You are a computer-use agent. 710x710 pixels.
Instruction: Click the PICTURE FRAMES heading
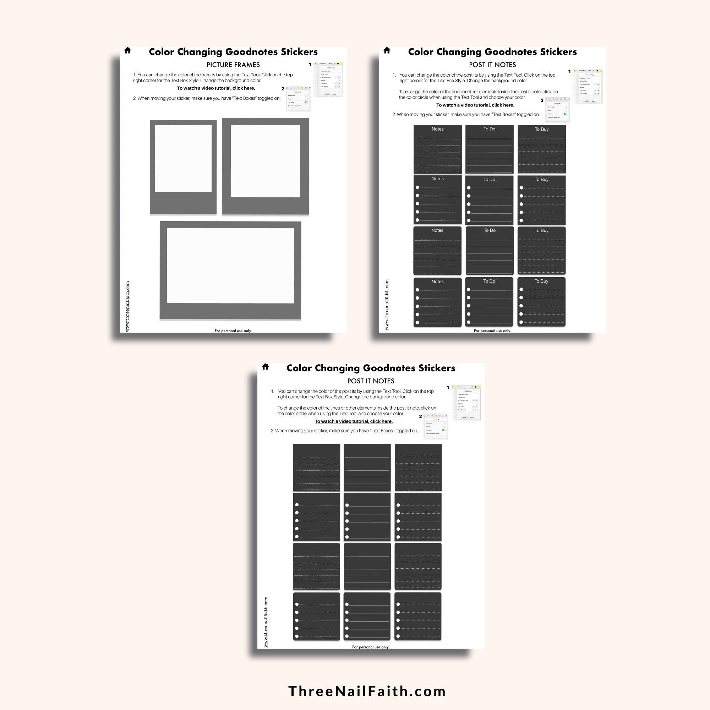233,65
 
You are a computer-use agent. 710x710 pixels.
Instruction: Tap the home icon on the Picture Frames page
127,50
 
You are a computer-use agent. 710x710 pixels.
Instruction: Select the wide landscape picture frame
230,271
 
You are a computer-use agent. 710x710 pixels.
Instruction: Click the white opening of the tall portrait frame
183,158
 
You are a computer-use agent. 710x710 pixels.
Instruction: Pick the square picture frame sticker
265,166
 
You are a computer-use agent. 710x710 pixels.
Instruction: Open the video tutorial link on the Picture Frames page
216,88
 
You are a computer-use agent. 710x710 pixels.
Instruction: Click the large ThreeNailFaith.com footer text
367,691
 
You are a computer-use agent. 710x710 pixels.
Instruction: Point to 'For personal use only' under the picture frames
233,331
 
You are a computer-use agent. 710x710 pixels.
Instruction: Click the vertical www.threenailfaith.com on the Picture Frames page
127,306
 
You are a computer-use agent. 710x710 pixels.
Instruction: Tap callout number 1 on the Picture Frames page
310,64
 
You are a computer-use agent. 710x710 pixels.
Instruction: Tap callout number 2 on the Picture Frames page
283,88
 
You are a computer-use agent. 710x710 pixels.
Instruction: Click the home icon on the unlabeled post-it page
265,366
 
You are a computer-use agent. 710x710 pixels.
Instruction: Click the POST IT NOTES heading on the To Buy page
492,65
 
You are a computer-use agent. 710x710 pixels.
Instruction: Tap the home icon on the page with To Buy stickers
387,50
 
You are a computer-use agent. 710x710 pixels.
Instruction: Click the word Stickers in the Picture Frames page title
299,52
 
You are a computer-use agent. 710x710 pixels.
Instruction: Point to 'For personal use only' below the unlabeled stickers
370,647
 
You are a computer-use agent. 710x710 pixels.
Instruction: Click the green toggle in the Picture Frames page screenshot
306,102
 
